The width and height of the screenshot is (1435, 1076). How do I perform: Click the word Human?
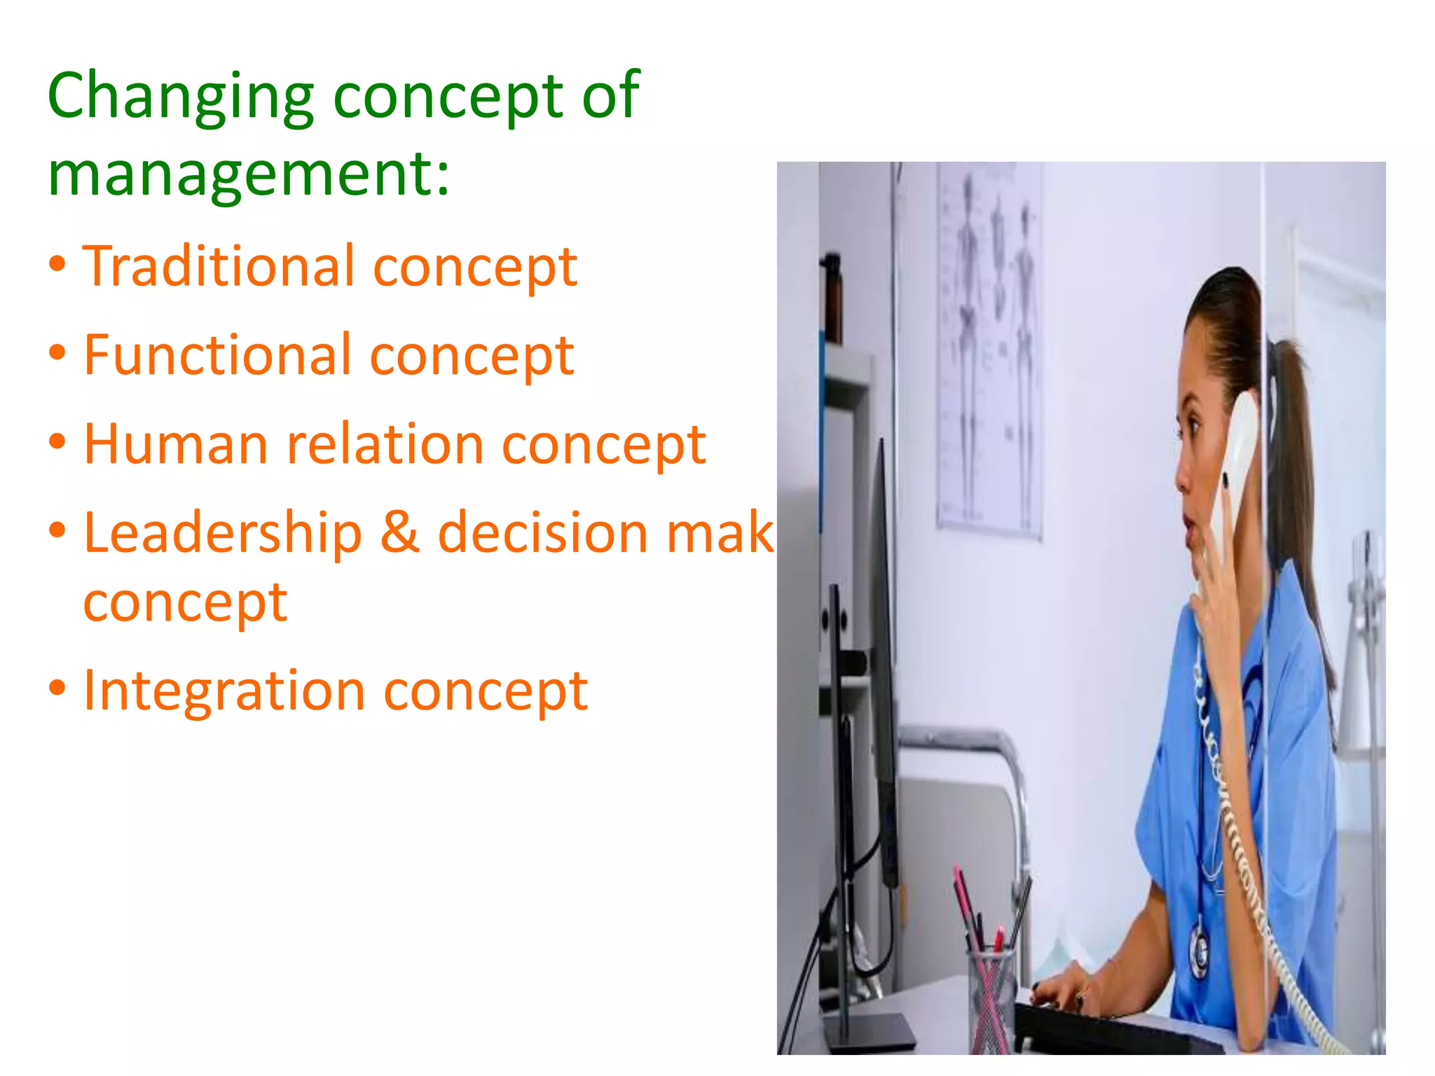tap(176, 444)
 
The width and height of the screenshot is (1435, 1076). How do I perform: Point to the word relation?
tap(385, 444)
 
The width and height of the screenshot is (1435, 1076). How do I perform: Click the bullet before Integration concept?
tap(57, 689)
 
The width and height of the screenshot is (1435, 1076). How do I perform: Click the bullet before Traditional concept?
tap(57, 265)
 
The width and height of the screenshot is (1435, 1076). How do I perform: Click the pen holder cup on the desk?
tap(991, 995)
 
